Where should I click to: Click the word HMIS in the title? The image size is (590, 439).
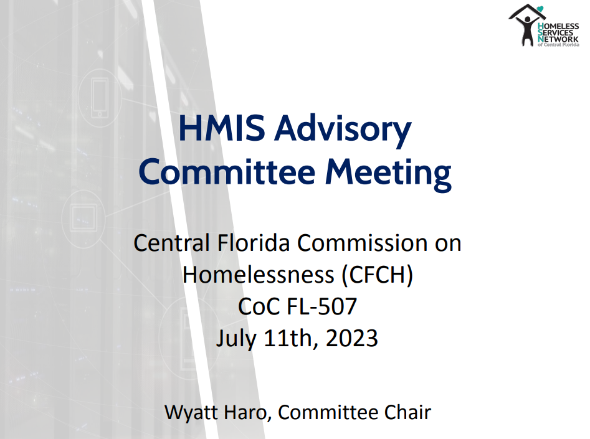point(222,128)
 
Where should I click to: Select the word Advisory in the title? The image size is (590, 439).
point(343,130)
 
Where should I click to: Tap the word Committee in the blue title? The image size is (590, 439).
point(227,171)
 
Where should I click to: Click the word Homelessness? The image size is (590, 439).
point(259,275)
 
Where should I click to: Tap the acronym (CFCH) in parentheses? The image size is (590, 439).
point(377,275)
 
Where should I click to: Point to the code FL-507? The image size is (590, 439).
point(321,306)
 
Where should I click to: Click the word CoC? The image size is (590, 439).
point(260,306)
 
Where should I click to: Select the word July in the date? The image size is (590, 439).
point(236,339)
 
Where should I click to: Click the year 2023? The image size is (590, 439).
point(351,338)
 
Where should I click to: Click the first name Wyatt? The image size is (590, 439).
point(191,412)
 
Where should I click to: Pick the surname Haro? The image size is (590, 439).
point(248,413)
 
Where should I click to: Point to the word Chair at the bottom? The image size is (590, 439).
point(407,412)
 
